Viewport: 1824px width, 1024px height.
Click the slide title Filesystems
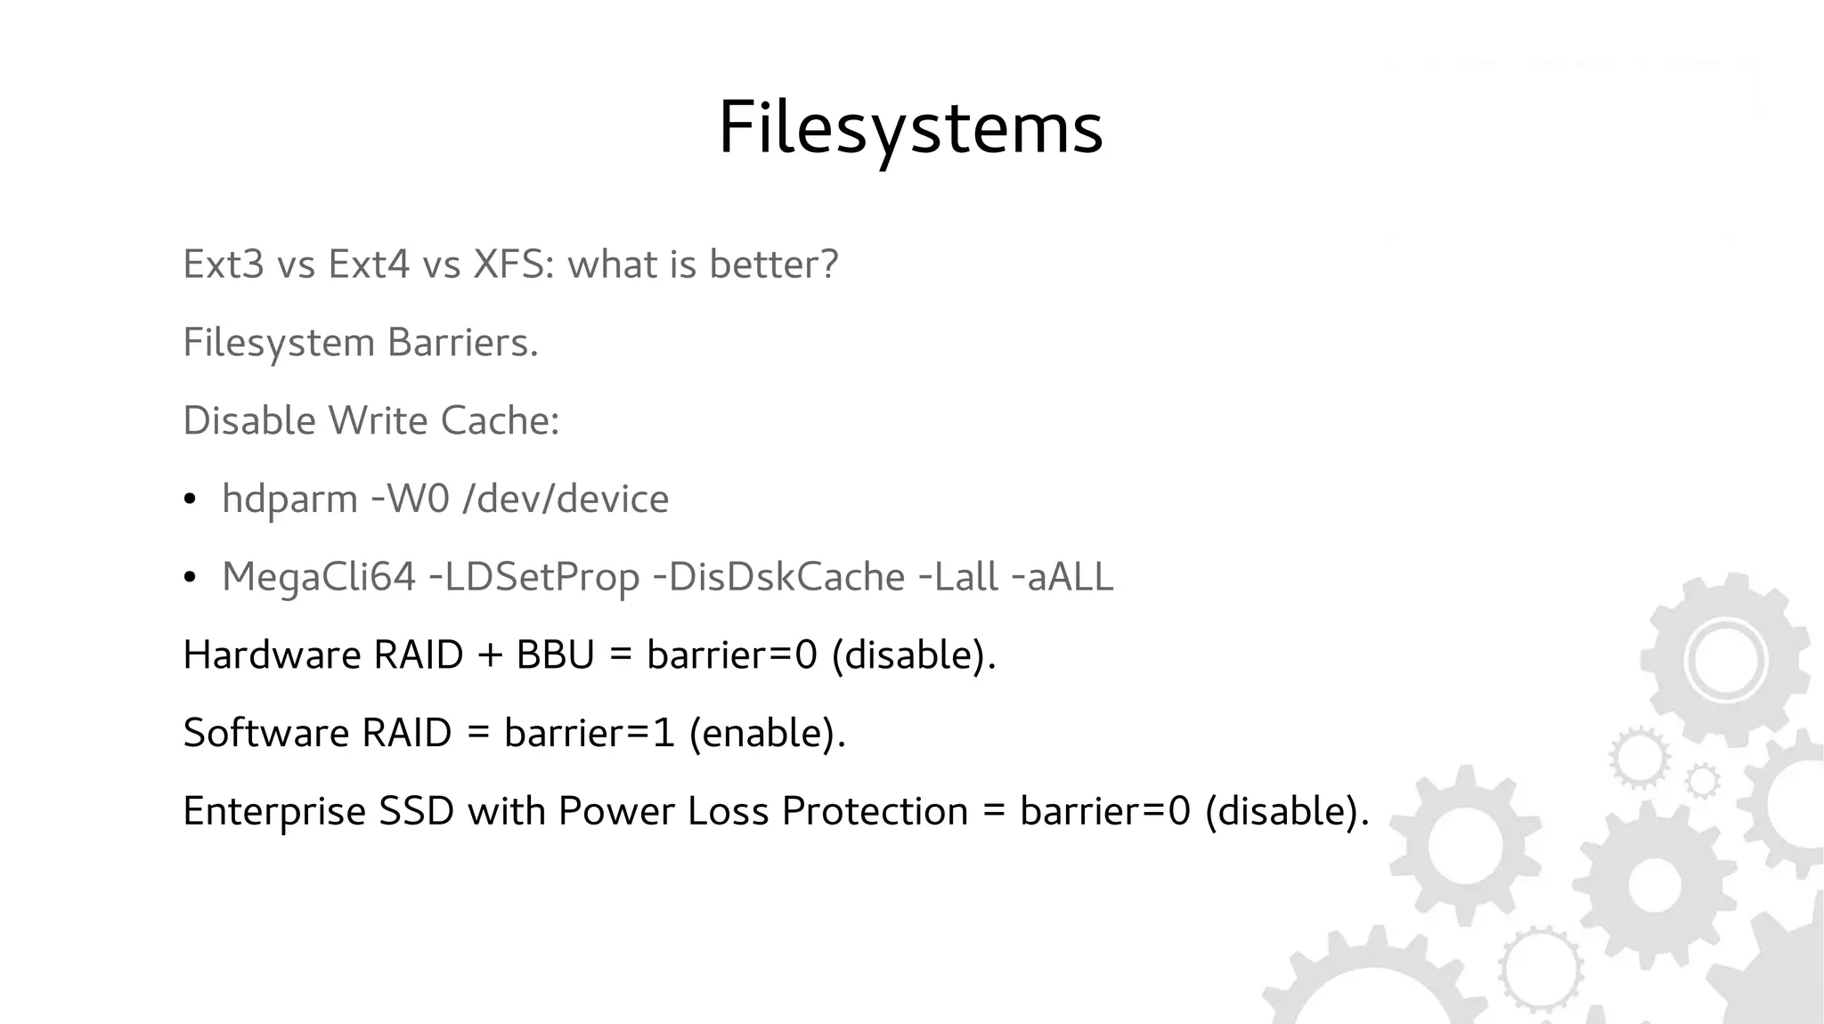click(x=910, y=129)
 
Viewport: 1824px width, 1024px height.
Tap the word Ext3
click(x=224, y=264)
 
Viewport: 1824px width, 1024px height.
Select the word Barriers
click(x=462, y=343)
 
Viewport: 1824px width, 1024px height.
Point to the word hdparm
click(x=289, y=500)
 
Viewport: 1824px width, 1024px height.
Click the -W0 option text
click(x=410, y=499)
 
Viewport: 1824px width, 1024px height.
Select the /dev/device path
click(x=566, y=499)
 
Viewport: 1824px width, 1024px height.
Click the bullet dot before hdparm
click(x=189, y=500)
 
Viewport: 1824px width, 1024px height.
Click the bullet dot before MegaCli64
click(x=189, y=579)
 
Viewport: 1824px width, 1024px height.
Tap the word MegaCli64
click(x=318, y=577)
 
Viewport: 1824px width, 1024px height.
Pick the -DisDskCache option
click(x=778, y=577)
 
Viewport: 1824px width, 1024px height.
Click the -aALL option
click(x=1063, y=577)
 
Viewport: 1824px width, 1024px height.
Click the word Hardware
click(x=272, y=655)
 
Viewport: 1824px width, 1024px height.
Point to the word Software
click(x=265, y=734)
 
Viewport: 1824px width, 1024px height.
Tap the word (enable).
click(x=767, y=734)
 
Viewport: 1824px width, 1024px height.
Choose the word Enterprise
click(x=274, y=812)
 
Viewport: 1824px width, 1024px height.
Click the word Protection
click(x=875, y=811)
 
